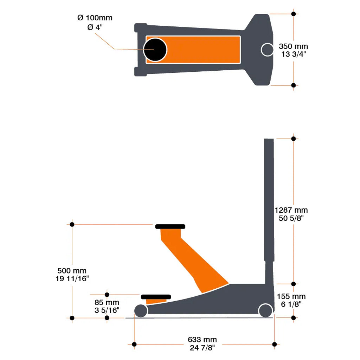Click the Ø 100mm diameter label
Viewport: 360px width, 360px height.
(95, 18)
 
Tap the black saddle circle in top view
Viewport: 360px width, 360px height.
(155, 50)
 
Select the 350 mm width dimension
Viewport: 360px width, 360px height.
(293, 46)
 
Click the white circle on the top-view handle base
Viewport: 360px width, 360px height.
(267, 50)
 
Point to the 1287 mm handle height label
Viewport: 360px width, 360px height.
(291, 210)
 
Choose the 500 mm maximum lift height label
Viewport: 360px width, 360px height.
(72, 271)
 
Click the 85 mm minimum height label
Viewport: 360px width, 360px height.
(107, 303)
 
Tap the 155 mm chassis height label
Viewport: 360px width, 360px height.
(291, 296)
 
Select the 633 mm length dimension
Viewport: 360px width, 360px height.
(202, 340)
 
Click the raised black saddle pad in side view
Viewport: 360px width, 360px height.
(170, 226)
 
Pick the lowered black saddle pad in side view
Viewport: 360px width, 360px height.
(156, 297)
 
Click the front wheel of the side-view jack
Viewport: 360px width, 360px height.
(141, 311)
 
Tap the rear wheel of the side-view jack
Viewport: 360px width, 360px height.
(265, 310)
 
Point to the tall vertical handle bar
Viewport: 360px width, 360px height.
(269, 200)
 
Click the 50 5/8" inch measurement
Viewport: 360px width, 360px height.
(291, 218)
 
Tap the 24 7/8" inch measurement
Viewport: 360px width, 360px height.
(202, 348)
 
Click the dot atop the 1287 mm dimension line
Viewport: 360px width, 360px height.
(293, 139)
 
